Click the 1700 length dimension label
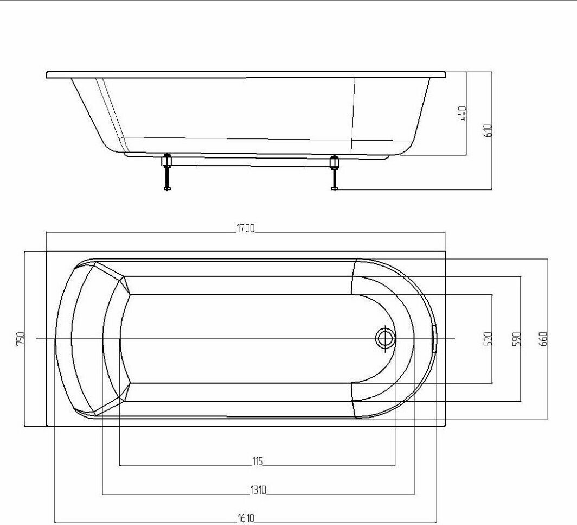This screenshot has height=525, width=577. (x=245, y=229)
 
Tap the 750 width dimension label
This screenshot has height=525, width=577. (x=21, y=338)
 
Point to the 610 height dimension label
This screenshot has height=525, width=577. (x=488, y=130)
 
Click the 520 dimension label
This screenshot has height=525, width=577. (x=488, y=339)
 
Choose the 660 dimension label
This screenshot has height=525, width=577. (x=543, y=339)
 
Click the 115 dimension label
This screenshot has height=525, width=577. (x=258, y=461)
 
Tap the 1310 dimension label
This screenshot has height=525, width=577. (x=258, y=490)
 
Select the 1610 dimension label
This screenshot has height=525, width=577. (x=246, y=518)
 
